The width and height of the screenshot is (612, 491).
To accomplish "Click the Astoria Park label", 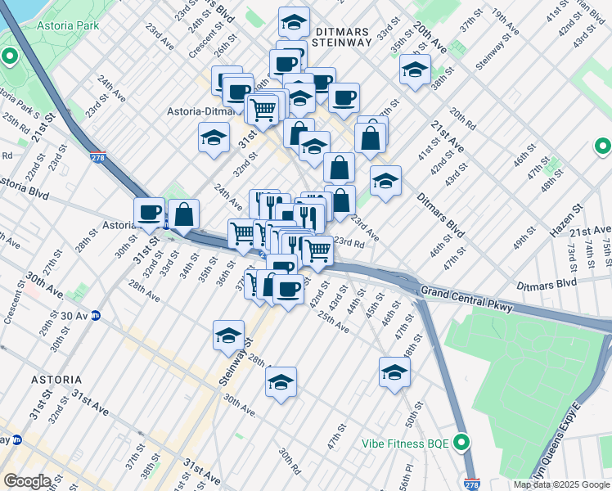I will [x=69, y=25].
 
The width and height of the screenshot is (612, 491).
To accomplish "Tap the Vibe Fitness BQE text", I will [x=406, y=444].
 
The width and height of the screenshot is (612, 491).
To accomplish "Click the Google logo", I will [x=26, y=480].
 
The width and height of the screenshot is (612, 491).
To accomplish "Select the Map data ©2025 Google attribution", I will [x=561, y=484].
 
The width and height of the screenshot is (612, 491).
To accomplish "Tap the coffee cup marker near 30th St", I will [x=149, y=213].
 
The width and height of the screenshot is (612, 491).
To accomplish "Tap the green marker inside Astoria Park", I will [x=10, y=57].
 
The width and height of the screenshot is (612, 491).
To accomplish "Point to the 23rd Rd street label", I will [x=348, y=242].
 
